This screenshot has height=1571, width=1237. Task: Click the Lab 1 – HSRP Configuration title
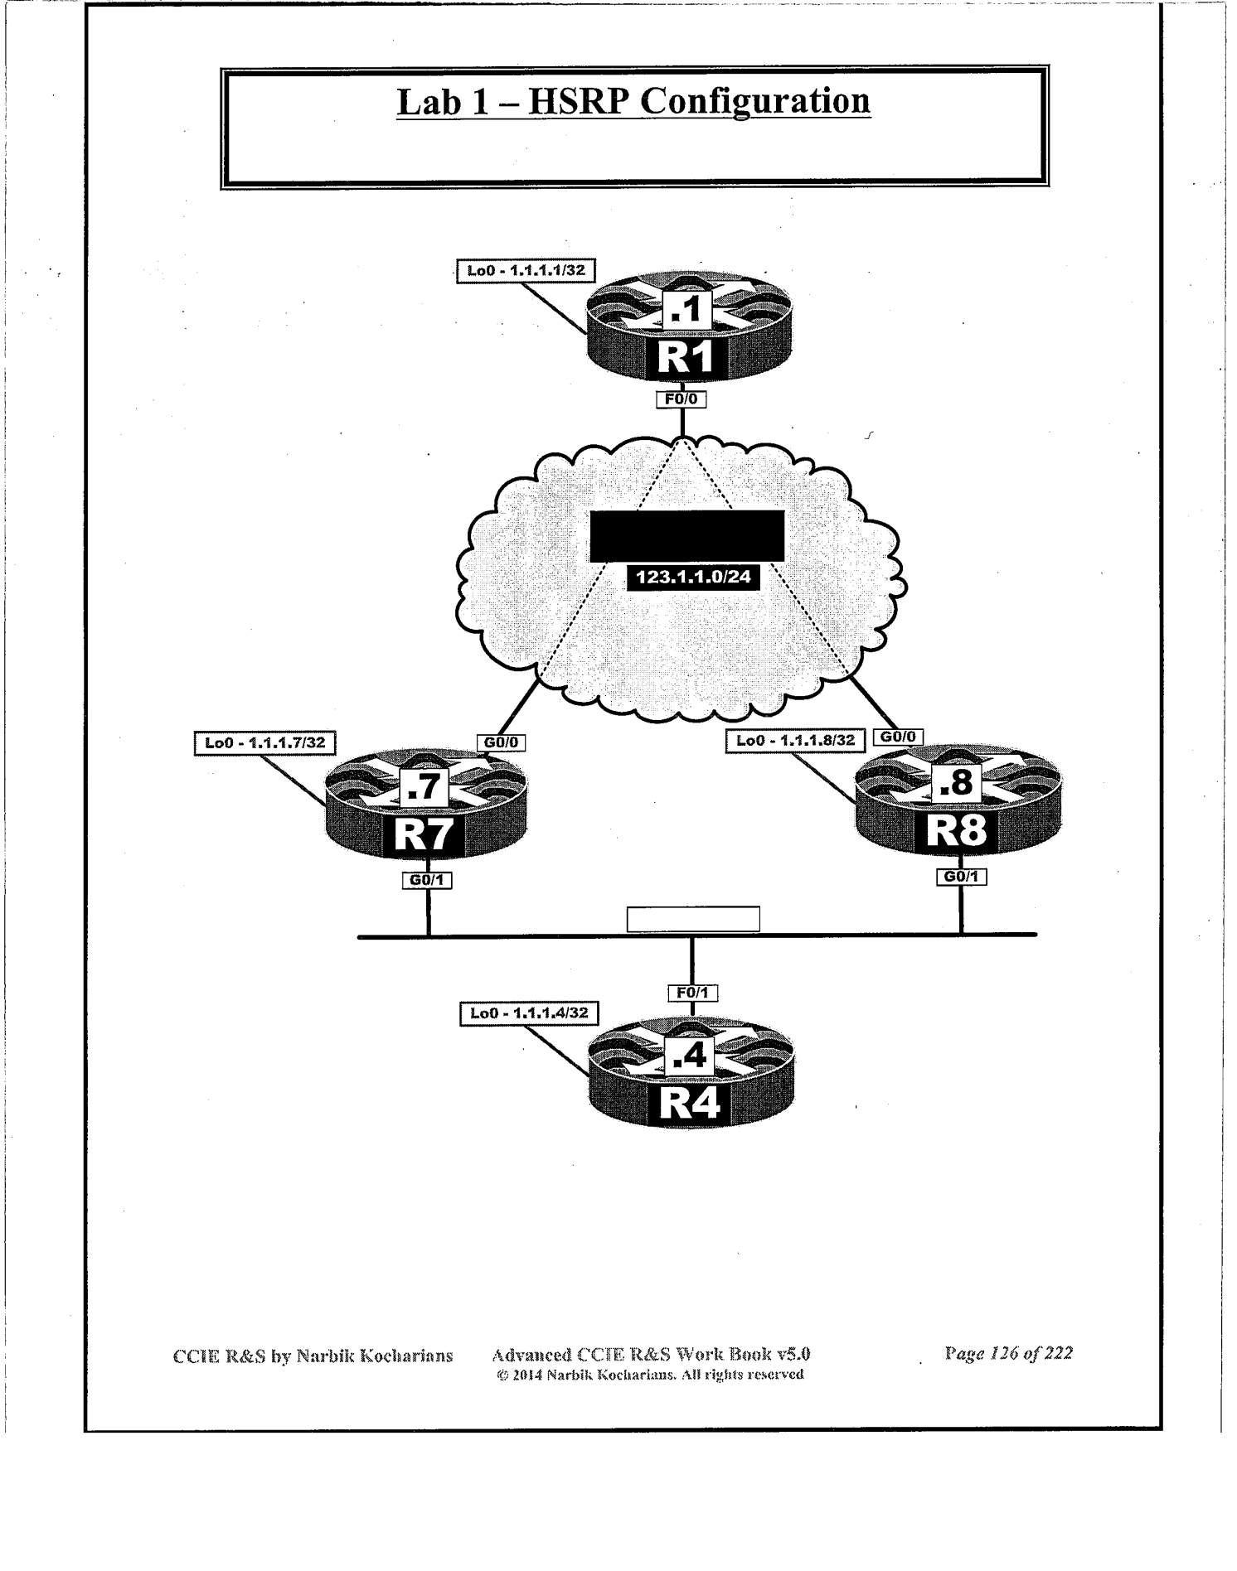point(633,102)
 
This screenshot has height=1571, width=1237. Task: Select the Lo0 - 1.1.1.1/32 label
point(526,271)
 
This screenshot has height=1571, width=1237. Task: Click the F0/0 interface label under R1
point(682,399)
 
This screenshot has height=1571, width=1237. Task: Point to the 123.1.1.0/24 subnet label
point(693,577)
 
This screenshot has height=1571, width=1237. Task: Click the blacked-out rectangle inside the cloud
point(686,535)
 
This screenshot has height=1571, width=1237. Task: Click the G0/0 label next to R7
point(501,742)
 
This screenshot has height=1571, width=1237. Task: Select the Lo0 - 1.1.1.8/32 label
point(795,740)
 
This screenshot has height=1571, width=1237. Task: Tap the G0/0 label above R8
point(898,737)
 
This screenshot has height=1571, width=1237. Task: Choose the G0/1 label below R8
point(961,876)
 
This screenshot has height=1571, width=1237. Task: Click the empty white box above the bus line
point(693,919)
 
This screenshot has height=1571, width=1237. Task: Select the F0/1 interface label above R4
point(692,993)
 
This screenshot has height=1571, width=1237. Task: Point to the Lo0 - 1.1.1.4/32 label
point(529,1013)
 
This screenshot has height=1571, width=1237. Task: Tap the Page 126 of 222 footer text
point(1008,1353)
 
